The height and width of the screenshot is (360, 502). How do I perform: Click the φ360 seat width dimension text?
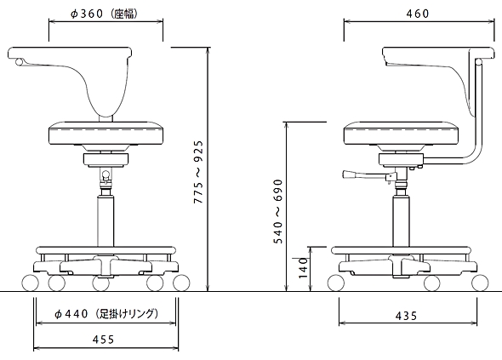point(105,14)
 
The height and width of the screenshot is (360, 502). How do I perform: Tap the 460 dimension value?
point(418,14)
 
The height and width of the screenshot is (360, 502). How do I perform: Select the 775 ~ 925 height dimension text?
point(199,172)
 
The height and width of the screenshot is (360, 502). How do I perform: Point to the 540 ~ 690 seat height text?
point(278,211)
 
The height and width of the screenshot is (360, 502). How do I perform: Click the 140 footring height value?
point(303,268)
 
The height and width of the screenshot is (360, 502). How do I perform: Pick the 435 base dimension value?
point(406,316)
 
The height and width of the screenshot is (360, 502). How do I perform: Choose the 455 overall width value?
point(103,340)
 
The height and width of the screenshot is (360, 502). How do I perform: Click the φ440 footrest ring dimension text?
point(106,313)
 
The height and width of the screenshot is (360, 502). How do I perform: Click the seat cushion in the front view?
point(106,133)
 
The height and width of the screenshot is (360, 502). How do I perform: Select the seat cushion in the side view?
point(402,133)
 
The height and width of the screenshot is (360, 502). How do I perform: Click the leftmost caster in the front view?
point(31,283)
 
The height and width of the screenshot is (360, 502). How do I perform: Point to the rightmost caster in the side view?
point(480,283)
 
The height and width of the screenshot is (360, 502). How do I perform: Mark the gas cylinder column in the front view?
point(106,222)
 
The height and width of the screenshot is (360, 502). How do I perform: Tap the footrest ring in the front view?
point(106,250)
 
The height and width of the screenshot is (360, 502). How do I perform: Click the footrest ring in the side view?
point(401,250)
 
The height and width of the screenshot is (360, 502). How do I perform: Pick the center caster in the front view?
point(101,283)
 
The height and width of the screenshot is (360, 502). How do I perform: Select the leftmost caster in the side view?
point(336,283)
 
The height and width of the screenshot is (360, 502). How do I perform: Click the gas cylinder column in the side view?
point(401,222)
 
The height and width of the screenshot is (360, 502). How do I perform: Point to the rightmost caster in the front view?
point(181,283)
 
